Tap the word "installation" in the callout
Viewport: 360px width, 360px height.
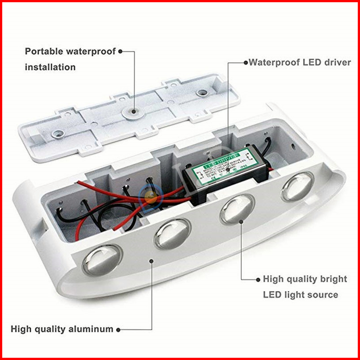[x=50, y=68]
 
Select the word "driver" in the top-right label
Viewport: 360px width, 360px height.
[x=337, y=63]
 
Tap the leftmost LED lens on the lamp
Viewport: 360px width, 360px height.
[x=101, y=260]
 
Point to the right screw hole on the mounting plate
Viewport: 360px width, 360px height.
[x=202, y=93]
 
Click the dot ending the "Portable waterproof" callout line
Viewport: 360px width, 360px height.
[x=120, y=52]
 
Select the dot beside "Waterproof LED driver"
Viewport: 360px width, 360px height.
[x=245, y=63]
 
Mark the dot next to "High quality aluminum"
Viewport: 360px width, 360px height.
[x=118, y=329]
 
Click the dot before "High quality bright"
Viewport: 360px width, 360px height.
[x=258, y=279]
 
